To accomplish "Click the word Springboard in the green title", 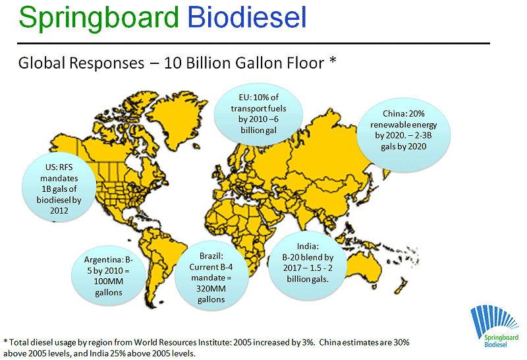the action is [x=98, y=18].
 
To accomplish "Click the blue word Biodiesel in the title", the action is [x=247, y=17].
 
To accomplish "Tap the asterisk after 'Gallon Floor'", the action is [x=333, y=61].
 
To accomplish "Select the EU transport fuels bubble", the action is [x=258, y=114].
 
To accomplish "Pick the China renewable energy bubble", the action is [x=403, y=135].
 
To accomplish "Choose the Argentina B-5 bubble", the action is [x=108, y=276].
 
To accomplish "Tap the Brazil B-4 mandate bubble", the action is [x=211, y=276].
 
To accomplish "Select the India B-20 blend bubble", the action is [x=308, y=266].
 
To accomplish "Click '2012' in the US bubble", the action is [x=59, y=210].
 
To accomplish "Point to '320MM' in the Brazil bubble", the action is [x=211, y=289].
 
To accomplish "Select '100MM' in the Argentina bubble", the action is [x=108, y=282].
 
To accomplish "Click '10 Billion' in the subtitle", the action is [x=206, y=63].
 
